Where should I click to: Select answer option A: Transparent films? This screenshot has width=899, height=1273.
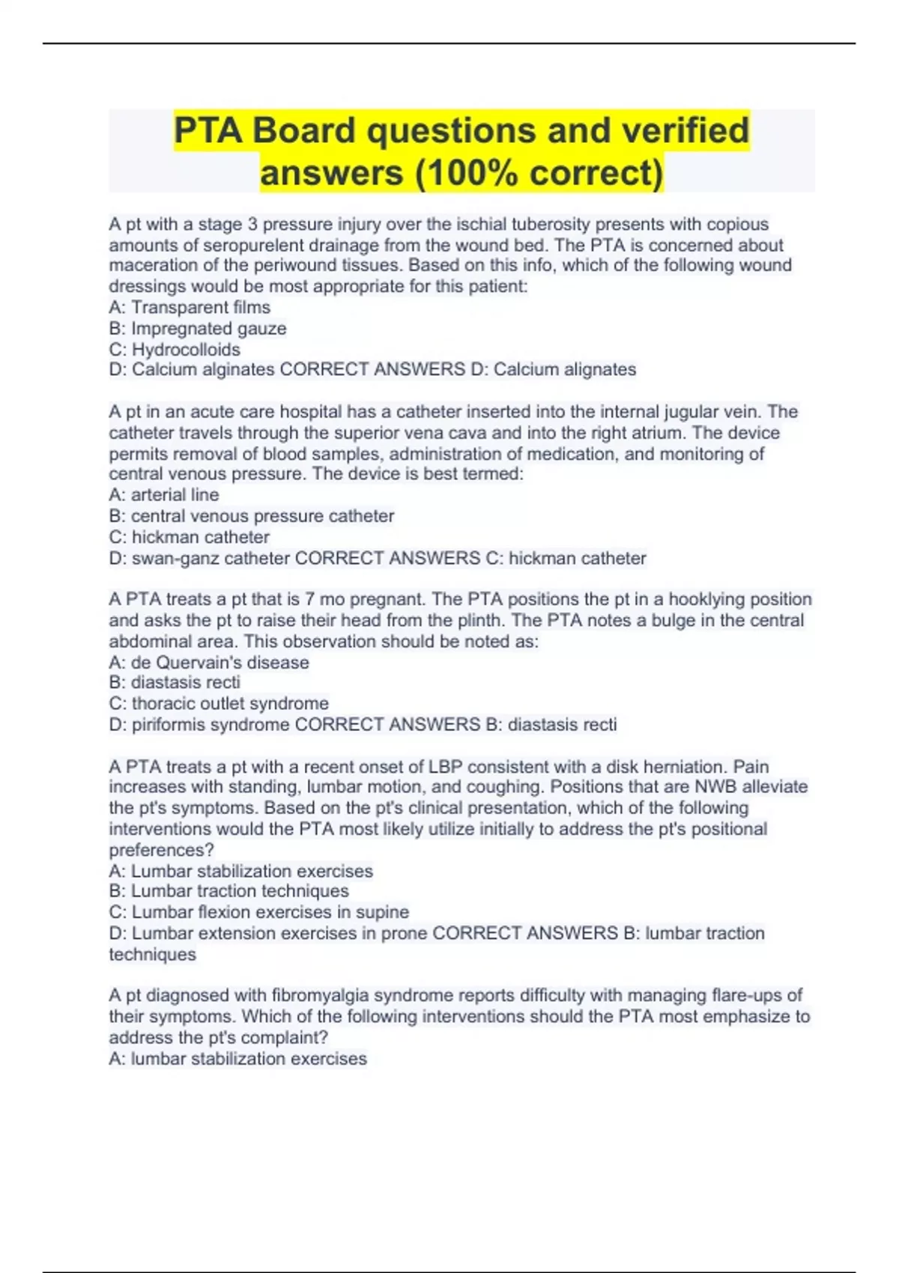190,307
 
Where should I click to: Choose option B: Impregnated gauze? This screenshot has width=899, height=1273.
198,328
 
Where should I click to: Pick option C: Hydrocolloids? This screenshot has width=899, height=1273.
175,349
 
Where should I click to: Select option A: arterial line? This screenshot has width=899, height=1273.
164,495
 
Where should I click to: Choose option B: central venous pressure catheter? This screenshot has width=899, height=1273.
251,516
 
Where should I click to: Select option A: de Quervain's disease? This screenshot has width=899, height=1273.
209,662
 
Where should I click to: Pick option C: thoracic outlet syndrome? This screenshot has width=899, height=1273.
219,703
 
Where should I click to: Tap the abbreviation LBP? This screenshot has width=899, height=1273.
447,767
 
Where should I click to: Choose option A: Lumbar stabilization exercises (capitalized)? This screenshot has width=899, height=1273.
240,871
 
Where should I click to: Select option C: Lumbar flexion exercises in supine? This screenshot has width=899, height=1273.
258,912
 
